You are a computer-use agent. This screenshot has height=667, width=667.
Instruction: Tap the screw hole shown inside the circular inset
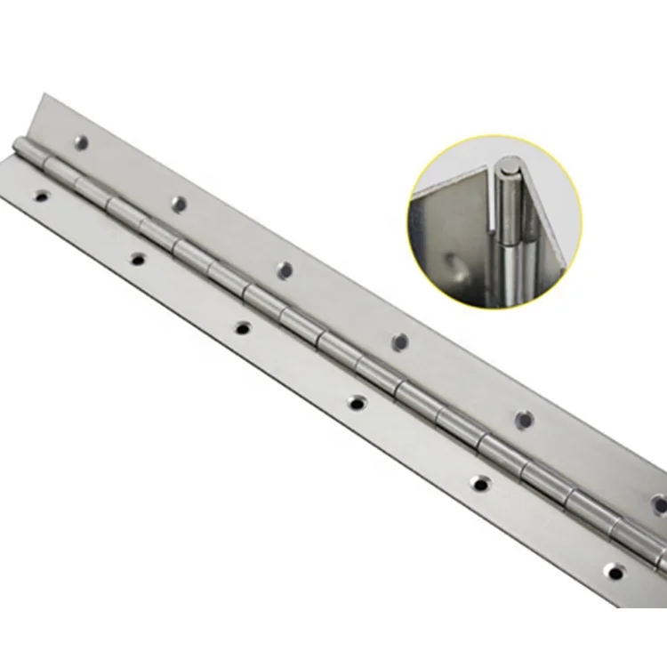tap(455, 263)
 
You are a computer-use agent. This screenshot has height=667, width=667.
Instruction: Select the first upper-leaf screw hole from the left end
tap(82, 141)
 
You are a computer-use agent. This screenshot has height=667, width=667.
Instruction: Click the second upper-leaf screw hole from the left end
tap(179, 203)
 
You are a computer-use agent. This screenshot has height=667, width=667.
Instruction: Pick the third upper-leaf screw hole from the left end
tap(285, 269)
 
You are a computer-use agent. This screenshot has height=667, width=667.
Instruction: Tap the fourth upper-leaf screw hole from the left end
tap(400, 342)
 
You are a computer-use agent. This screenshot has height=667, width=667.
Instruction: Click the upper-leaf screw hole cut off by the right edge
tap(660, 502)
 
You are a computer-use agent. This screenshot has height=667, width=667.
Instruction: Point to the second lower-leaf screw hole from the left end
tap(137, 259)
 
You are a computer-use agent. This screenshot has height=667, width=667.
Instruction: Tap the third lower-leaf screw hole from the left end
tap(242, 328)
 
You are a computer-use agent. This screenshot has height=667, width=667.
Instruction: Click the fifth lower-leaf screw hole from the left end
tap(480, 485)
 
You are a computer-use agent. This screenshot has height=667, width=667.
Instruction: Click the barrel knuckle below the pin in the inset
tap(514, 249)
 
